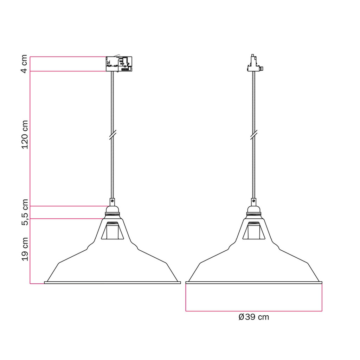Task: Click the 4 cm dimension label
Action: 24,64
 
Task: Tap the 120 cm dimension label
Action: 24,135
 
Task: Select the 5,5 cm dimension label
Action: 24,212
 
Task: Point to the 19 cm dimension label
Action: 24,249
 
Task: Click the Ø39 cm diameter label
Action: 254,317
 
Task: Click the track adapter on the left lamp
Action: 119,64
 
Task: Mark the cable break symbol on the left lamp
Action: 112,135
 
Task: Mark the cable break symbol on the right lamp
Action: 254,135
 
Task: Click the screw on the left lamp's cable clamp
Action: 112,201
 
